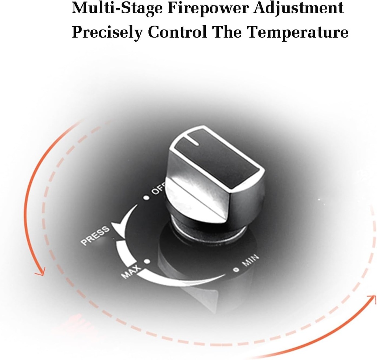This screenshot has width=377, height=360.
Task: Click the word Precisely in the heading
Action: [107, 33]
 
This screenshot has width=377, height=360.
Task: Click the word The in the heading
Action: [227, 32]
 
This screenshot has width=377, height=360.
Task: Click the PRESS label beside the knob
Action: [95, 235]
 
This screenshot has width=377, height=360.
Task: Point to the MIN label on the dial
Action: [250, 261]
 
